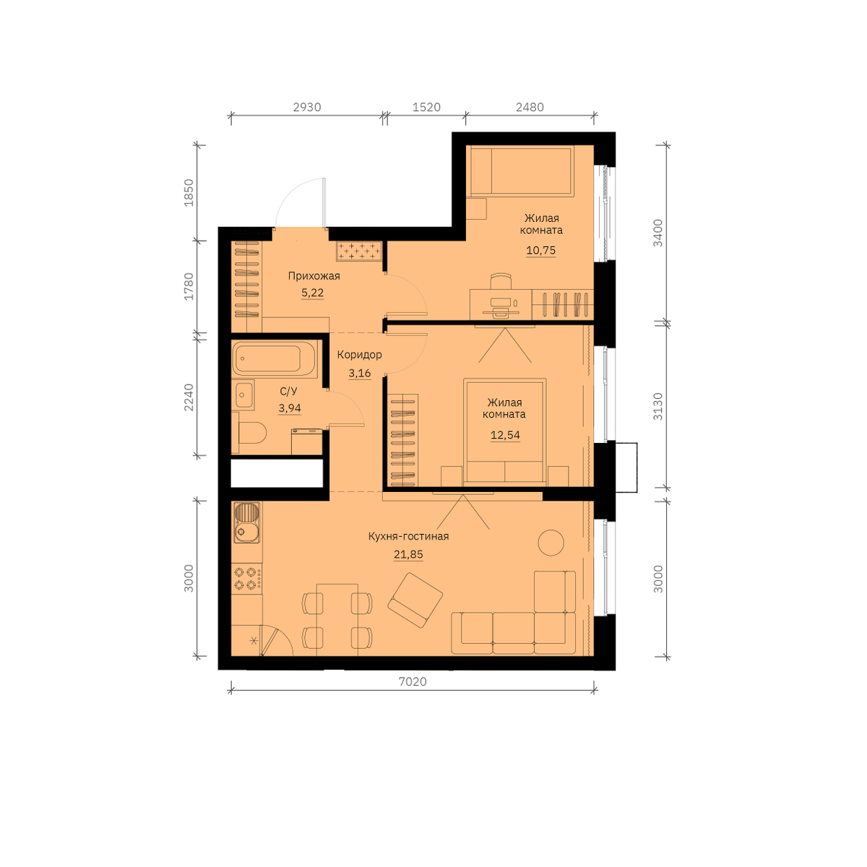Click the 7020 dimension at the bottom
(412, 681)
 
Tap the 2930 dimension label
(307, 107)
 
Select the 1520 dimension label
(426, 107)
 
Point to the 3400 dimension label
(657, 233)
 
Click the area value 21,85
(408, 555)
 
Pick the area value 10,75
(541, 250)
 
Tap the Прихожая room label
(314, 276)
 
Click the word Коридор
(359, 355)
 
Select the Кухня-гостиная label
(408, 536)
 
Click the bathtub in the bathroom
(275, 359)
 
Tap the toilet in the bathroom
(252, 432)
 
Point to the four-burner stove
(246, 579)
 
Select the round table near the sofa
(551, 542)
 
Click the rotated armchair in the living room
(415, 600)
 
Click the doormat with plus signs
(359, 251)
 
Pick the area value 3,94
(290, 408)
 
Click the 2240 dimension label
(189, 397)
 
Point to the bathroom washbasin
(243, 394)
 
